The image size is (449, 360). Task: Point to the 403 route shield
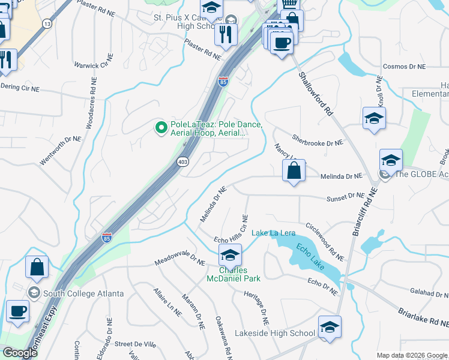(183, 161)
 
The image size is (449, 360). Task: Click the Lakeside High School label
(274, 333)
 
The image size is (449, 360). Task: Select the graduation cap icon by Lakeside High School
(330, 328)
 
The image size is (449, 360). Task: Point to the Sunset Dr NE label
(345, 196)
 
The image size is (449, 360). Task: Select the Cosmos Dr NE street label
(403, 67)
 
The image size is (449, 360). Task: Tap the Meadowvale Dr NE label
(179, 262)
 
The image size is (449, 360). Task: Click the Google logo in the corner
(19, 353)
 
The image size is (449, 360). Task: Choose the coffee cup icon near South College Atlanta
(17, 312)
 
